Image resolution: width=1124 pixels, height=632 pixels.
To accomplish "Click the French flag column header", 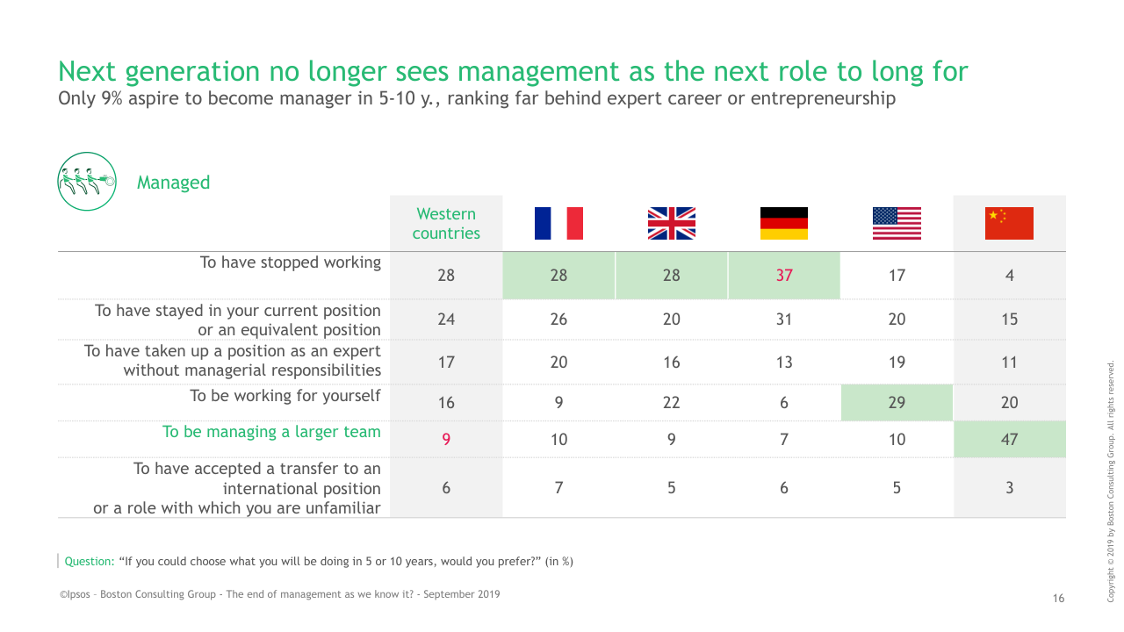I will click(x=558, y=223).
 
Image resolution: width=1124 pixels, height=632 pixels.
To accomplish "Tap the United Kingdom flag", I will click(x=671, y=223).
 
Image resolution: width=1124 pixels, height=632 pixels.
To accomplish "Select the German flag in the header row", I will click(x=783, y=223).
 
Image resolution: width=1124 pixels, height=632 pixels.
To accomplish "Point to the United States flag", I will click(x=897, y=223).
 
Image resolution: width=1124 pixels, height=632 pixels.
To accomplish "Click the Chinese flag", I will click(x=1009, y=223).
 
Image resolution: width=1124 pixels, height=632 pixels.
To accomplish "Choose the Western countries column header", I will click(x=446, y=224).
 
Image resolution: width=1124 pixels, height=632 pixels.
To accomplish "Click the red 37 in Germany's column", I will click(x=783, y=276).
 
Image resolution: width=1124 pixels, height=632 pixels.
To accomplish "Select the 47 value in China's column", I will click(x=1009, y=440).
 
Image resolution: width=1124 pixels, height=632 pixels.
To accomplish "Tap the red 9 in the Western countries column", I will click(x=446, y=440).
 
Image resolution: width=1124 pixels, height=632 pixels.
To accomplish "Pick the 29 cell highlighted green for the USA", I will click(x=897, y=403).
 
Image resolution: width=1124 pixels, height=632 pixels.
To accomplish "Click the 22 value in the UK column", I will click(x=671, y=403).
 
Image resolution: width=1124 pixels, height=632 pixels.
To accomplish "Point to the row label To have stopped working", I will click(x=290, y=262).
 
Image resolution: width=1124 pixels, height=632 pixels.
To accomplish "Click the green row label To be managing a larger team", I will click(x=271, y=432).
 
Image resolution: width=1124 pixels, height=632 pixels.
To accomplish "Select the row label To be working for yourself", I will click(x=285, y=396).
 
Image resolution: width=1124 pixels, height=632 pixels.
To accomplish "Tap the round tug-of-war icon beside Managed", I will click(x=87, y=182).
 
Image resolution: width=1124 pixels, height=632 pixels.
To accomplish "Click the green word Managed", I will click(x=173, y=183).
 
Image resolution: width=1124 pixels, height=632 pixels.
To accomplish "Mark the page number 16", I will click(x=1058, y=599).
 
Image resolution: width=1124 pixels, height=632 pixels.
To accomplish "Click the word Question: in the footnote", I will click(x=90, y=562).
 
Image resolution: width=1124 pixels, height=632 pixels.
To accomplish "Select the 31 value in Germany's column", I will click(x=783, y=320).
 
